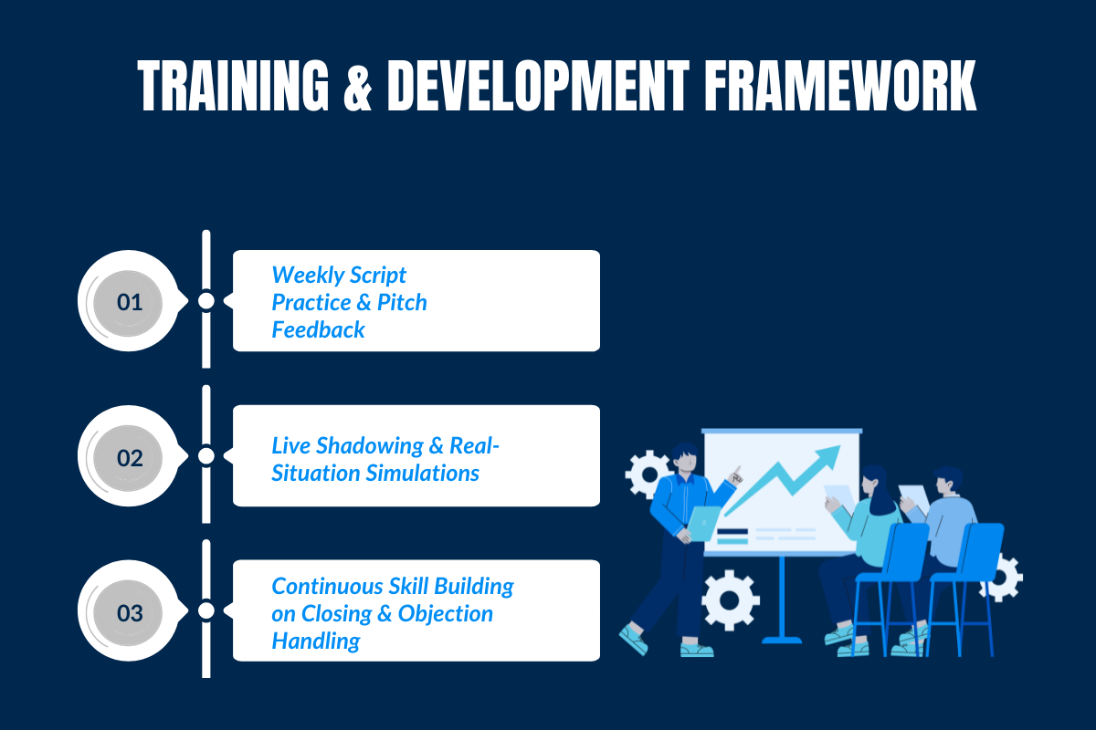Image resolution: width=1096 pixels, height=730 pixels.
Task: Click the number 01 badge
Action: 130,301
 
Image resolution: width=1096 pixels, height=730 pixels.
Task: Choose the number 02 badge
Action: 130,456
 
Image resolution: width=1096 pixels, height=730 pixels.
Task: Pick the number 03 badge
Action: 130,611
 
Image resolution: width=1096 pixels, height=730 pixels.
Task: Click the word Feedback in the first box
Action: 318,329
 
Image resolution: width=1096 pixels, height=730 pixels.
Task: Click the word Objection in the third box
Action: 447,613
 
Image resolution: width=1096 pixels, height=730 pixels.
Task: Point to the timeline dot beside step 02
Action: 206,455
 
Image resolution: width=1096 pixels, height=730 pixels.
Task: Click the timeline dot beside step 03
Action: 206,610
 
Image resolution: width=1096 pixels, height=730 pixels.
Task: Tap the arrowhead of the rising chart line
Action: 829,454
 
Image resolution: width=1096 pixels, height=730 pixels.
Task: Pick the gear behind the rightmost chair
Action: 1006,578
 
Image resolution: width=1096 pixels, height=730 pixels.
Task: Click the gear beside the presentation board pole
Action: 731,600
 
